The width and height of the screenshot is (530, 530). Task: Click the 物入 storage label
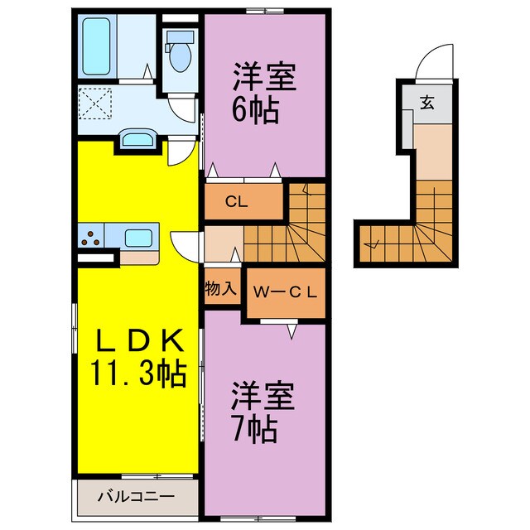221,289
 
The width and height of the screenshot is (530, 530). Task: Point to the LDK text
137,340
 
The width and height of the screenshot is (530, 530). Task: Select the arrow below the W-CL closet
291,331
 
